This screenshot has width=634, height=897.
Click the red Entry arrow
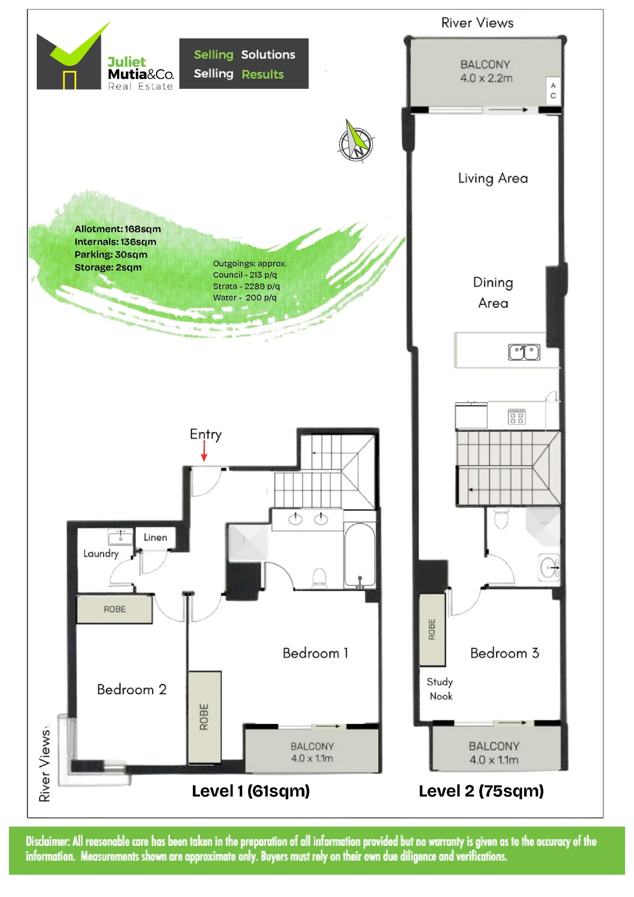tap(204, 451)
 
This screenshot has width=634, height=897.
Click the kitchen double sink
tap(524, 352)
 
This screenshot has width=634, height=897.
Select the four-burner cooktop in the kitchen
tap(517, 417)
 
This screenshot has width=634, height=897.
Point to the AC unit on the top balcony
tap(553, 91)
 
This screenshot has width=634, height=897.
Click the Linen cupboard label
tap(155, 537)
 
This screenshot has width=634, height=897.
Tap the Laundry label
tap(101, 554)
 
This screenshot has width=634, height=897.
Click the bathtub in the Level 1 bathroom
tap(360, 556)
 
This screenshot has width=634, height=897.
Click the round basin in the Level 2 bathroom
tap(549, 568)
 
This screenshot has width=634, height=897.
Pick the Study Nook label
tap(440, 689)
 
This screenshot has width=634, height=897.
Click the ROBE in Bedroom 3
tap(432, 630)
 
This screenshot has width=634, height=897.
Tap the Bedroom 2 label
tap(132, 689)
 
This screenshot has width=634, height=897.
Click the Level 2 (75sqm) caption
tap(481, 791)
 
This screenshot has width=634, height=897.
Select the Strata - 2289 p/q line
tap(246, 286)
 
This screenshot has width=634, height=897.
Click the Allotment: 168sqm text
tap(117, 229)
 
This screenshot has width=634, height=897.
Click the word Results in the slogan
tap(263, 74)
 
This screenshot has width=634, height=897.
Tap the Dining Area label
tap(493, 292)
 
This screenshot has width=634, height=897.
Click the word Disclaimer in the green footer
tap(48, 841)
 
